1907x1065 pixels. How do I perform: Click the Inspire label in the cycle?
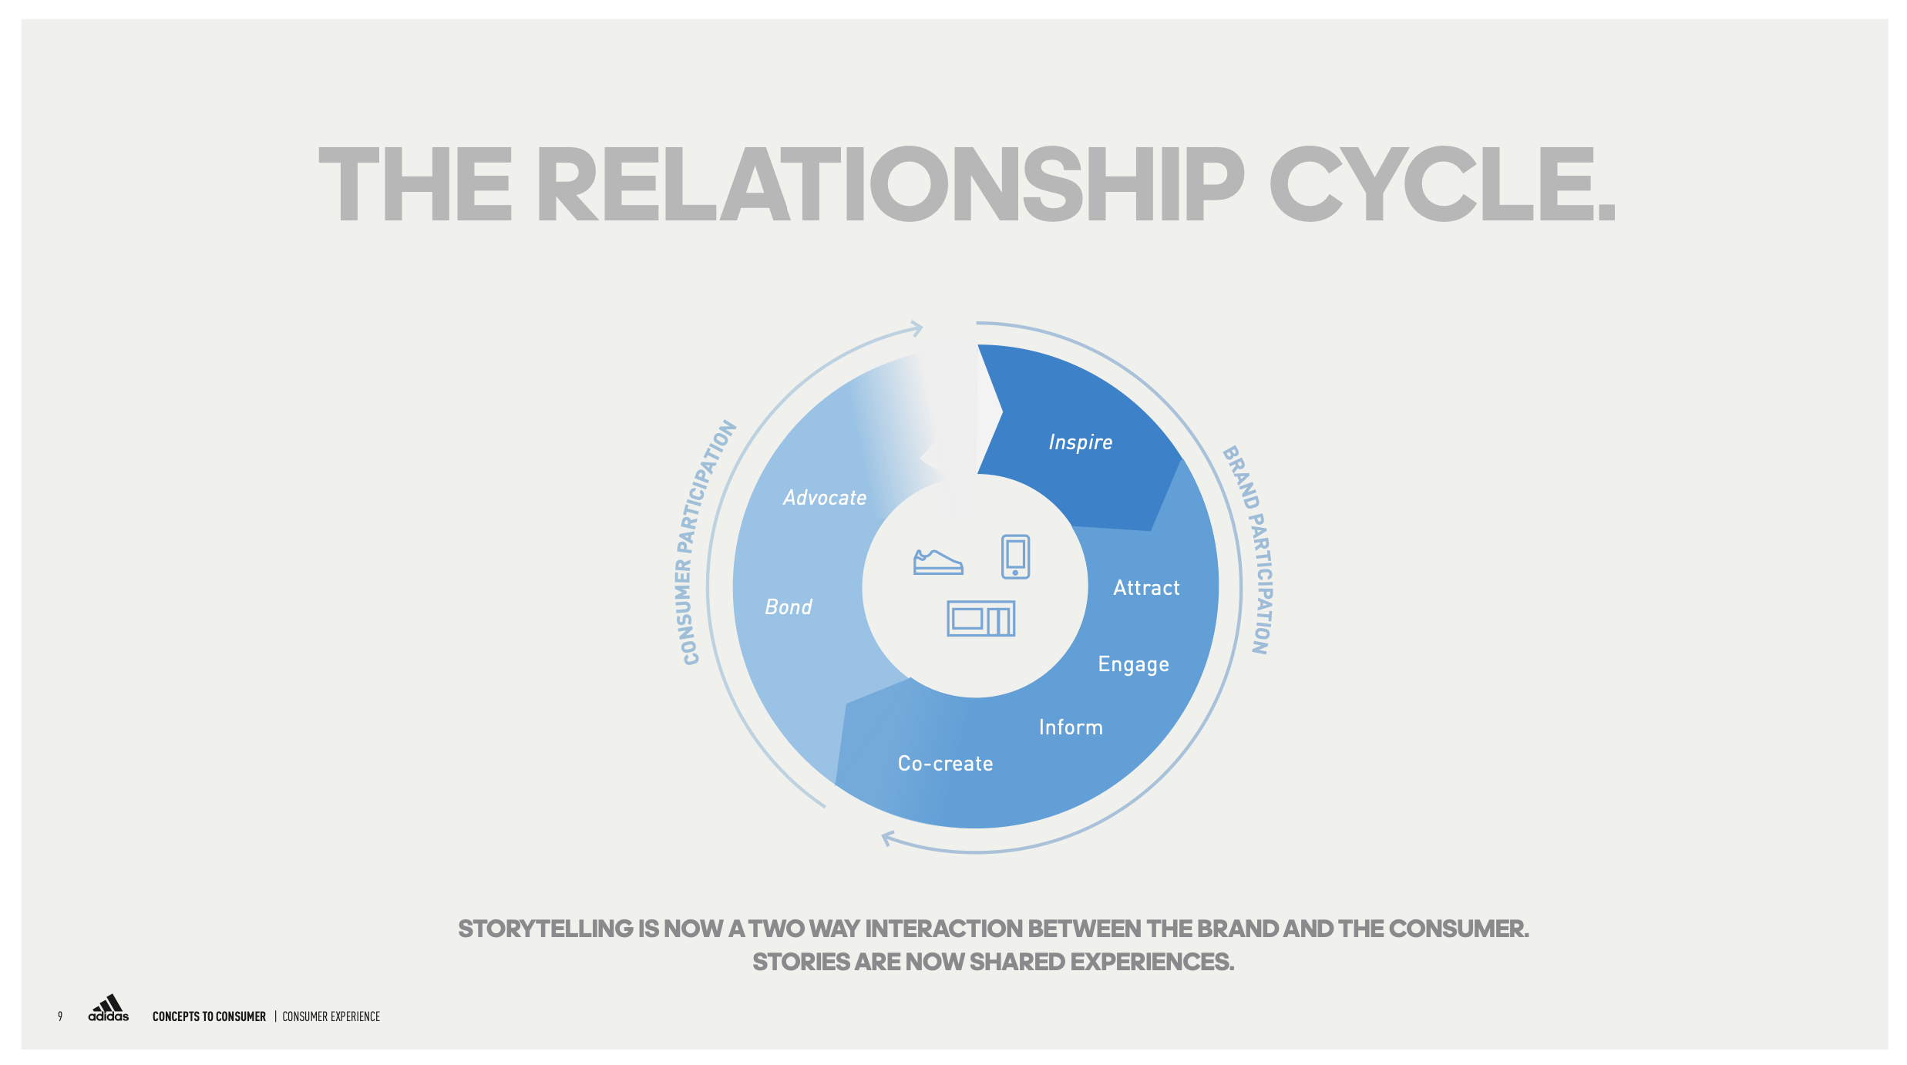pyautogui.click(x=1080, y=442)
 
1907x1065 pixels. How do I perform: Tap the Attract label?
pyautogui.click(x=1146, y=588)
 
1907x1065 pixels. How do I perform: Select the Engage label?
pyautogui.click(x=1133, y=664)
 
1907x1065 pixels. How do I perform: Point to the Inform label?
pyautogui.click(x=1071, y=727)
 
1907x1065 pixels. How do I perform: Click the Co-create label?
pyautogui.click(x=945, y=764)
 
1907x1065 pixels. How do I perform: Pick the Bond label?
pyautogui.click(x=788, y=607)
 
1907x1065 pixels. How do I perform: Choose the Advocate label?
pyautogui.click(x=825, y=498)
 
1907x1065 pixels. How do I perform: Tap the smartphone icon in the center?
pyautogui.click(x=1015, y=556)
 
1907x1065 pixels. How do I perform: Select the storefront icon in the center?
pyautogui.click(x=980, y=619)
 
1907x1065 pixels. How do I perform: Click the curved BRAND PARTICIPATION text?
pyautogui.click(x=1250, y=549)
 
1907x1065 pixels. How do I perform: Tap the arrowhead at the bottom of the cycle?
pyautogui.click(x=888, y=838)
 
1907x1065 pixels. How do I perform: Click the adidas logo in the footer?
pyautogui.click(x=109, y=1009)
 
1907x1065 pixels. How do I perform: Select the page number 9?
pyautogui.click(x=60, y=1016)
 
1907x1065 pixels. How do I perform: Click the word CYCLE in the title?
pyautogui.click(x=1441, y=185)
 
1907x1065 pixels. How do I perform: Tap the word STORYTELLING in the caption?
pyautogui.click(x=545, y=929)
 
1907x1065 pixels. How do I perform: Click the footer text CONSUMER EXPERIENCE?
pyautogui.click(x=331, y=1016)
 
